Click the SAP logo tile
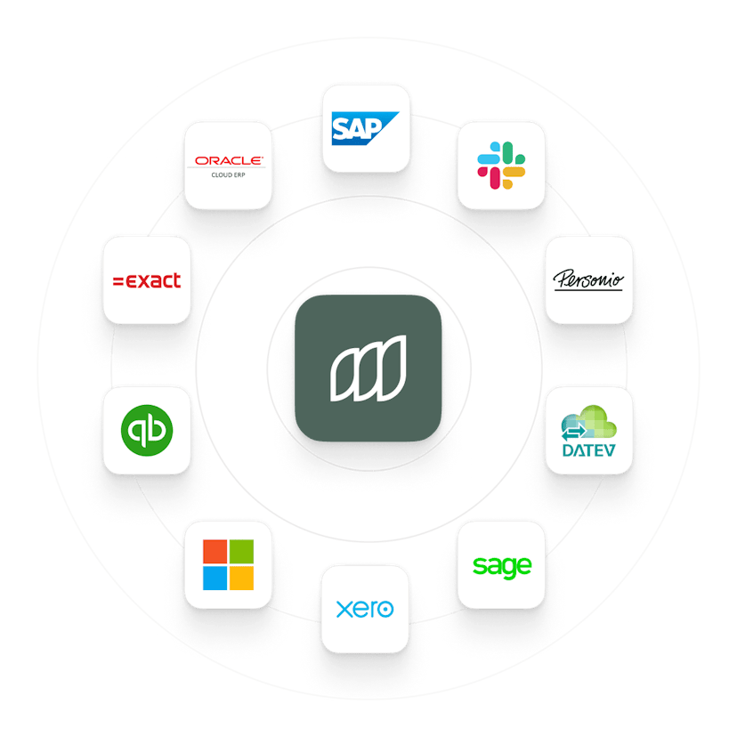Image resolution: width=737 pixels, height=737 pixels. pyautogui.click(x=366, y=127)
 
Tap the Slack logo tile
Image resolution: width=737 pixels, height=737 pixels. pyautogui.click(x=501, y=165)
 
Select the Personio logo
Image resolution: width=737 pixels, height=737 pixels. pyautogui.click(x=588, y=279)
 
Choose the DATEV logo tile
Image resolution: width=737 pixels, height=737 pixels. pyautogui.click(x=588, y=430)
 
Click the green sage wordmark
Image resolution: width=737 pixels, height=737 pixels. pyautogui.click(x=502, y=564)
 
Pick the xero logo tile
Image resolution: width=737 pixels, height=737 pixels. pyautogui.click(x=366, y=609)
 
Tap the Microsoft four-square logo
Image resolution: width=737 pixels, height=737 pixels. pyautogui.click(x=228, y=564)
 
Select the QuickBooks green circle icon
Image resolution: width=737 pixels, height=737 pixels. pyautogui.click(x=147, y=430)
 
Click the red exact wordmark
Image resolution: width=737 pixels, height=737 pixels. pyautogui.click(x=147, y=280)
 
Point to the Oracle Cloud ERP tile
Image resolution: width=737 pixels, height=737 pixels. pyautogui.click(x=229, y=165)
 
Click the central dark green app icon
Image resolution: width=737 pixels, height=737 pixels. pyautogui.click(x=368, y=368)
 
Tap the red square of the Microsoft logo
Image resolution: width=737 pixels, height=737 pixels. pyautogui.click(x=215, y=551)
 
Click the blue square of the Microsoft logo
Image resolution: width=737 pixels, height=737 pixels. pyautogui.click(x=215, y=579)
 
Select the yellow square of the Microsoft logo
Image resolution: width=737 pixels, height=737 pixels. pyautogui.click(x=241, y=579)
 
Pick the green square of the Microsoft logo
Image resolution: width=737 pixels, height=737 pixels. pyautogui.click(x=241, y=551)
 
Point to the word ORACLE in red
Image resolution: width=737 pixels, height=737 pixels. pyautogui.click(x=229, y=160)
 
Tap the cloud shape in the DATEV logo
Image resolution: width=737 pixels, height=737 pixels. pyautogui.click(x=595, y=417)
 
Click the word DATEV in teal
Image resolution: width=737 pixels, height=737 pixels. pyautogui.click(x=588, y=451)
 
